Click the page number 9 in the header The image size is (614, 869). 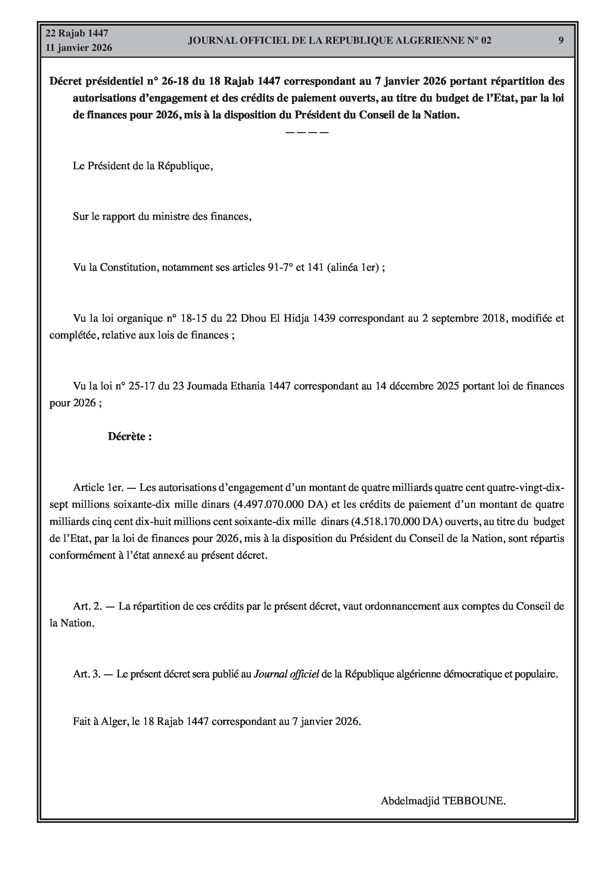click(x=561, y=40)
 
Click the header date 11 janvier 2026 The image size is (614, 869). click(x=79, y=48)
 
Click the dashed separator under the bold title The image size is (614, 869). click(x=306, y=132)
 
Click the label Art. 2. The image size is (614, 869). click(x=87, y=606)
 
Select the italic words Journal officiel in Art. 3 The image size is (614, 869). click(x=286, y=674)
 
